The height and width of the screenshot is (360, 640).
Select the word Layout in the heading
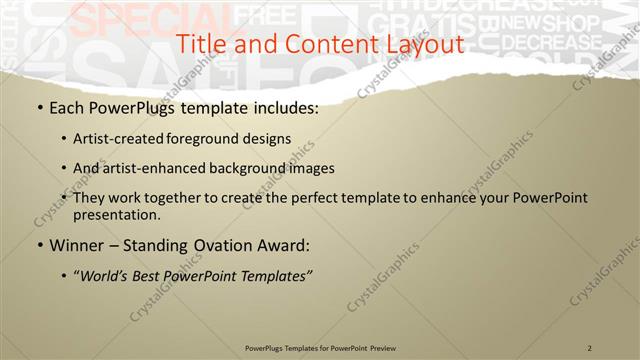(425, 44)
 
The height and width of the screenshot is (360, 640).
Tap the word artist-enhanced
(150, 168)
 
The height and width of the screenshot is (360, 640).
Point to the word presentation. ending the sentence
(116, 214)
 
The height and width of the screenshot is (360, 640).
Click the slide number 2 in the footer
(590, 348)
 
